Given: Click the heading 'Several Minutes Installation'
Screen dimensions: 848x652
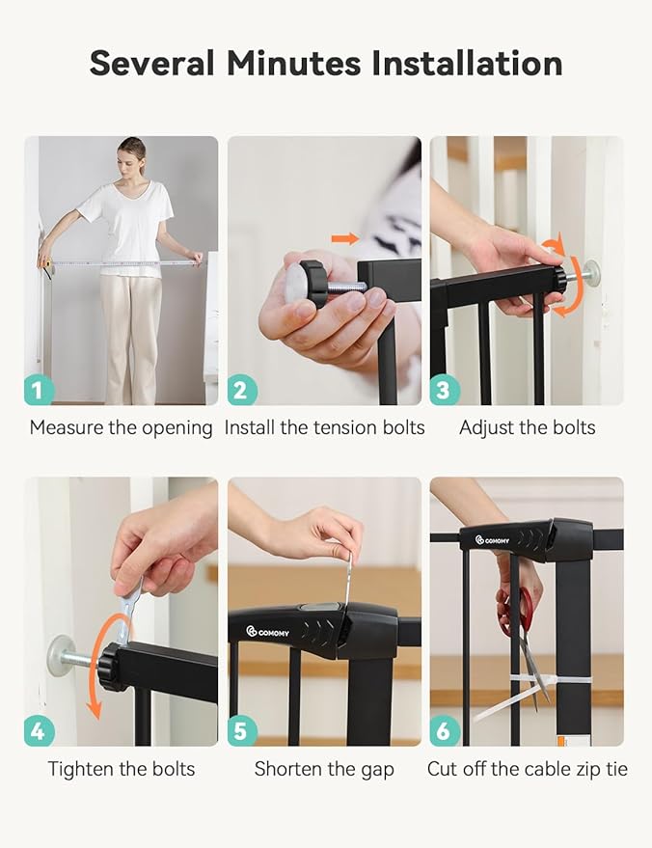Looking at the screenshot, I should coord(326,64).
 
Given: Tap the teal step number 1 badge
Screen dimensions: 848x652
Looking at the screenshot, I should coord(39,391).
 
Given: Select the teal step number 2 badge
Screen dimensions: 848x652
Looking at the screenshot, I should coord(242,391).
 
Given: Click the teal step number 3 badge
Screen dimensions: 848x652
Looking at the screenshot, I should coord(445,391).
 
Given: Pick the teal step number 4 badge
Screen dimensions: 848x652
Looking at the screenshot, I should coord(39,731).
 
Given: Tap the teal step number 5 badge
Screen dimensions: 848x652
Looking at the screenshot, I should coord(242,731).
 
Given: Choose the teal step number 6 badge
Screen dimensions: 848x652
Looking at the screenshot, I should coord(445,731).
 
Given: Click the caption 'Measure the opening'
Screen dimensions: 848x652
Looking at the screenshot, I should coord(121,427).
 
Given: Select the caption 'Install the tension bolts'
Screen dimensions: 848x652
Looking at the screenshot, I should coord(324,427).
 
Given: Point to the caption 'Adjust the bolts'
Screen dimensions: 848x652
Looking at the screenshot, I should coord(527,427).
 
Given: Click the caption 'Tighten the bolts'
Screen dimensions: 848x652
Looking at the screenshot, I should coord(122,769).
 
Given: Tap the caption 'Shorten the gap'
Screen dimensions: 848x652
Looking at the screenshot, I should coord(324,769).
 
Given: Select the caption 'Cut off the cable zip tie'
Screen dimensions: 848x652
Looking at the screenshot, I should coord(528,769).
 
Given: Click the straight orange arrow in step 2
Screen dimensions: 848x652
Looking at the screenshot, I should coord(344,238).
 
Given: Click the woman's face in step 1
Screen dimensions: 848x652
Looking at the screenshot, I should coord(132,157).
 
